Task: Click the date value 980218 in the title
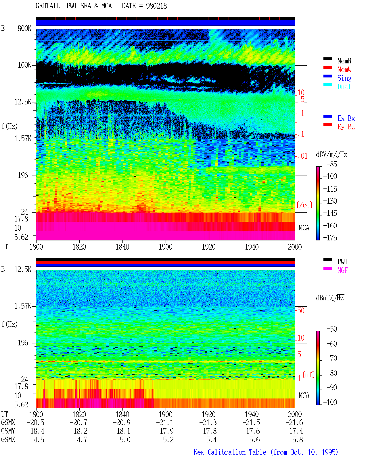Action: click(x=156, y=6)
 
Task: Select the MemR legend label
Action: click(x=344, y=61)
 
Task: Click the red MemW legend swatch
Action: click(x=327, y=67)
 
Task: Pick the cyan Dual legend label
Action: click(x=344, y=87)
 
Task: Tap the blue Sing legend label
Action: click(x=344, y=78)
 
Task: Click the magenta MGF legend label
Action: click(x=342, y=270)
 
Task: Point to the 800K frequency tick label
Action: click(x=24, y=28)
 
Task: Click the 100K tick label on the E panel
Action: click(x=24, y=65)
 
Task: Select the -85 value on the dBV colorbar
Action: click(x=332, y=164)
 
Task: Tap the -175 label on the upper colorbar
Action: click(x=330, y=238)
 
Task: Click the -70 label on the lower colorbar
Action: click(x=332, y=358)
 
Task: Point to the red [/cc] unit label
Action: click(x=304, y=205)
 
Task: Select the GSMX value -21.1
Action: click(x=165, y=423)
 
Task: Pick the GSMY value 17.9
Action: click(x=167, y=431)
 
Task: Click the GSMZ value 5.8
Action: click(x=298, y=440)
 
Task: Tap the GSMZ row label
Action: click(x=8, y=440)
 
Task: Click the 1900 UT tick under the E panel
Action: click(x=165, y=247)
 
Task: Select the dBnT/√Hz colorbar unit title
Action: click(x=330, y=298)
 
